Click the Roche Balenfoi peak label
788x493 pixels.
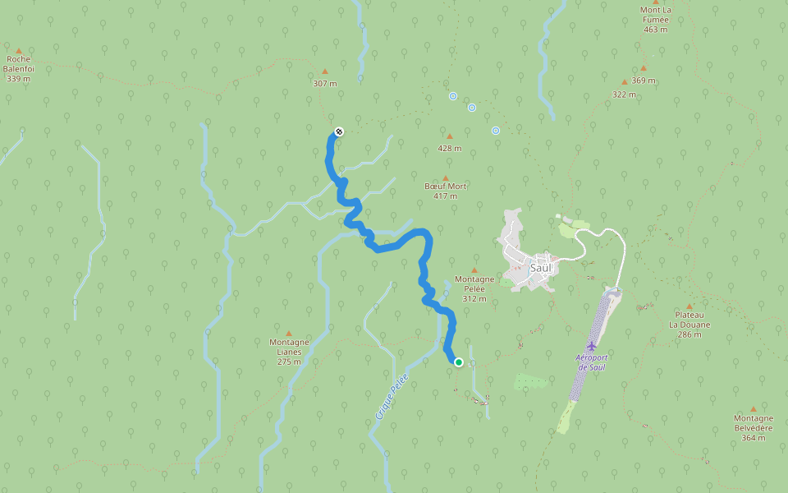click(19, 69)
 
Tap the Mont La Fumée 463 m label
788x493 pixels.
click(655, 20)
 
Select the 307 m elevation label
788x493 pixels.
click(325, 83)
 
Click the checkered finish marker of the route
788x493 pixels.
click(338, 131)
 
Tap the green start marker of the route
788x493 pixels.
click(459, 362)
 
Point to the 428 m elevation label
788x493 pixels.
click(449, 149)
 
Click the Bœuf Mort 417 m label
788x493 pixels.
click(446, 191)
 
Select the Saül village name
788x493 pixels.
click(542, 268)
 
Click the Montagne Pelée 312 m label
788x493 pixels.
click(474, 288)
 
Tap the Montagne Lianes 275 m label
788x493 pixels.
click(289, 352)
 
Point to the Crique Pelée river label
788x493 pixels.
click(392, 397)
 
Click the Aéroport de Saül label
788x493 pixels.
click(591, 362)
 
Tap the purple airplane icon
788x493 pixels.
click(591, 346)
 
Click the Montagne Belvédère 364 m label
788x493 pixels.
click(753, 427)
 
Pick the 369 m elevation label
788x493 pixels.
click(644, 81)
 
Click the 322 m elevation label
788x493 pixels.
click(624, 94)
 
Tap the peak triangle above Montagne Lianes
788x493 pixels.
click(289, 333)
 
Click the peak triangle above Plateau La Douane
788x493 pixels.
click(689, 305)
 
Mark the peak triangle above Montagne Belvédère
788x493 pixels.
click(753, 408)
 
